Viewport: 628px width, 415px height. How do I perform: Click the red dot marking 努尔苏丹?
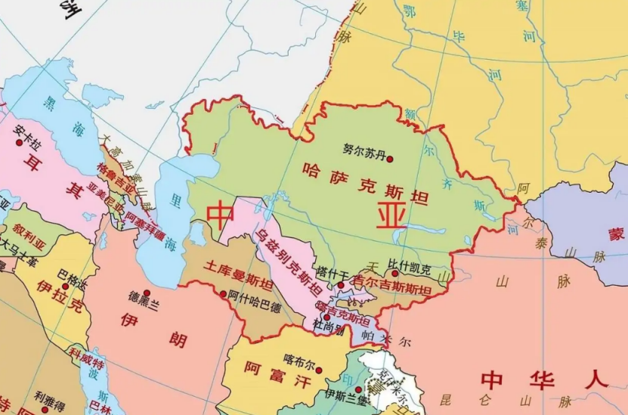pyautogui.click(x=390, y=159)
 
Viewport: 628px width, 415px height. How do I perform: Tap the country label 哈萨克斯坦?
pyautogui.click(x=365, y=184)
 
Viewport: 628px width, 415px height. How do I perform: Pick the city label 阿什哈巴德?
pyautogui.click(x=254, y=307)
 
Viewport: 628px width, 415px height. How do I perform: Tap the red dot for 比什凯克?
pyautogui.click(x=394, y=273)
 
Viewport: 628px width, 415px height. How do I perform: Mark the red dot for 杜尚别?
pyautogui.click(x=326, y=317)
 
